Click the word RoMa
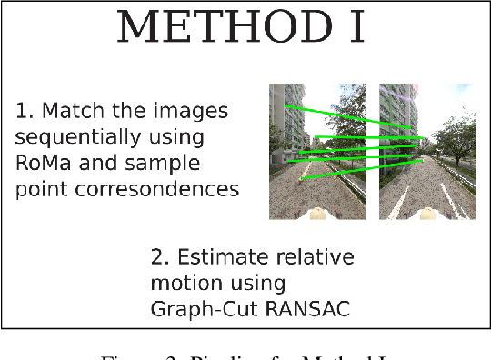[45, 164]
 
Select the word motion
[185, 283]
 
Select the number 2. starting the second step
[159, 256]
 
